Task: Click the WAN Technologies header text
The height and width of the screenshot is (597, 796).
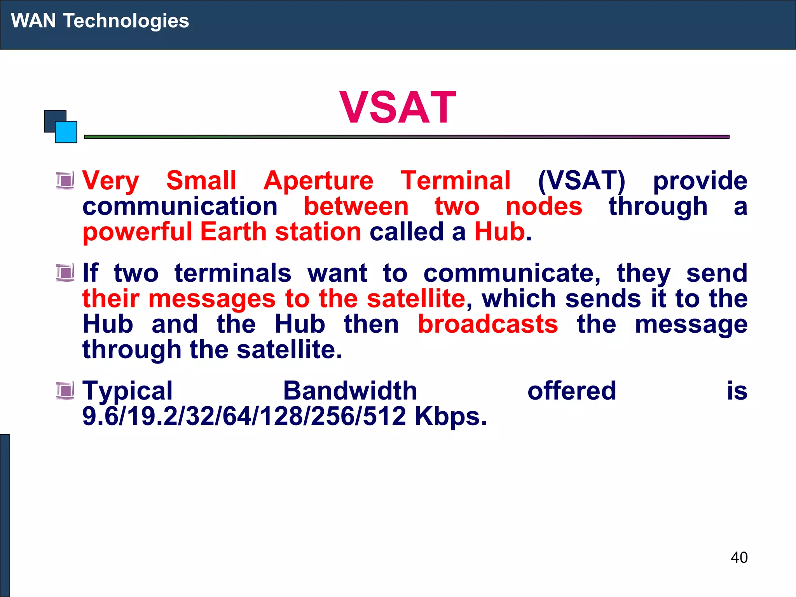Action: pyautogui.click(x=100, y=21)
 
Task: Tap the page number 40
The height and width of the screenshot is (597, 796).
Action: pyautogui.click(x=739, y=557)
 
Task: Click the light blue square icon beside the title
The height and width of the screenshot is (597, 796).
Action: pyautogui.click(x=66, y=133)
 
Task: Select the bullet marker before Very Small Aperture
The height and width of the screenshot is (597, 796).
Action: pyautogui.click(x=65, y=181)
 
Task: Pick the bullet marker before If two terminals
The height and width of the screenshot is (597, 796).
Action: pyautogui.click(x=65, y=273)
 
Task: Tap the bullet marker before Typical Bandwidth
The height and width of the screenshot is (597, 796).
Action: pyautogui.click(x=65, y=391)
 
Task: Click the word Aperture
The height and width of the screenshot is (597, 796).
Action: pyautogui.click(x=318, y=181)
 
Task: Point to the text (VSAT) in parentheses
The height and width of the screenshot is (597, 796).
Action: pyautogui.click(x=581, y=181)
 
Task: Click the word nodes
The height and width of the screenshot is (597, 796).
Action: pyautogui.click(x=544, y=206)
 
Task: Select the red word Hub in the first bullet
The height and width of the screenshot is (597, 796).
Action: pyautogui.click(x=500, y=232)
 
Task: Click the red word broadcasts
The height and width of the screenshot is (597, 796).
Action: pyautogui.click(x=488, y=324)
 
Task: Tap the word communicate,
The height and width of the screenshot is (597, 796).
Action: pyautogui.click(x=512, y=273)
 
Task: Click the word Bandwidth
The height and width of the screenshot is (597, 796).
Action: pyautogui.click(x=350, y=391)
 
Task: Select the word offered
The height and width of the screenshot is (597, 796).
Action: pyautogui.click(x=572, y=391)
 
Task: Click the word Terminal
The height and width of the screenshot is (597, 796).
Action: pyautogui.click(x=456, y=181)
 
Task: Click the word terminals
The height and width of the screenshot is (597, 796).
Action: pyautogui.click(x=233, y=273)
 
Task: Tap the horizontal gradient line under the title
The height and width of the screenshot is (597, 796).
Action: pyautogui.click(x=406, y=137)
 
